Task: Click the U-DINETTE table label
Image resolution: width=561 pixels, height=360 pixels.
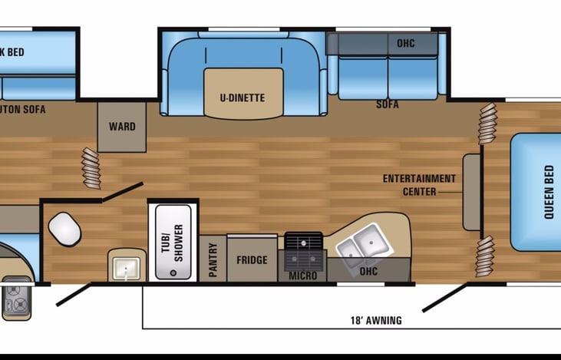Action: [x=243, y=97]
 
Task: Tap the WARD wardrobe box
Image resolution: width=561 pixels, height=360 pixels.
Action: [x=121, y=126]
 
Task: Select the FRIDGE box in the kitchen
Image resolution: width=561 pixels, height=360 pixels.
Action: [x=252, y=259]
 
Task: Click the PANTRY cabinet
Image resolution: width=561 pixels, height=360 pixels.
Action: [x=213, y=259]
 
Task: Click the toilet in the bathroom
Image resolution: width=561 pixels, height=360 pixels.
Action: [x=64, y=228]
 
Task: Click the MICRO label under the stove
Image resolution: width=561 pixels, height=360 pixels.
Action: [x=302, y=276]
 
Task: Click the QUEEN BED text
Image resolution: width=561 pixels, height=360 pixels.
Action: [x=549, y=192]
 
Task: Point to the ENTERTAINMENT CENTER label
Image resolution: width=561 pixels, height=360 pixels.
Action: [x=419, y=184]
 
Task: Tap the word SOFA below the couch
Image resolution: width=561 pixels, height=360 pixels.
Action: [x=388, y=104]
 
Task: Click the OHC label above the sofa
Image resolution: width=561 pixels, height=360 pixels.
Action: [x=406, y=43]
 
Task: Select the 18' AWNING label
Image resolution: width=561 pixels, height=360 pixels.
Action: [x=376, y=320]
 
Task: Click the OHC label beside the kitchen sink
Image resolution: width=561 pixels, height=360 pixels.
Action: [x=368, y=271]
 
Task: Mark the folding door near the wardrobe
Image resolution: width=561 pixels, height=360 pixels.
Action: [x=91, y=169]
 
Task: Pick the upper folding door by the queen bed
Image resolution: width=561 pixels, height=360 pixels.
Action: [x=487, y=124]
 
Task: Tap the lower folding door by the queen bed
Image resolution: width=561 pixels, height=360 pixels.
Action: [x=485, y=256]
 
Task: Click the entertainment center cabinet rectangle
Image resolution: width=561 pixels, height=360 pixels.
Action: [x=471, y=192]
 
